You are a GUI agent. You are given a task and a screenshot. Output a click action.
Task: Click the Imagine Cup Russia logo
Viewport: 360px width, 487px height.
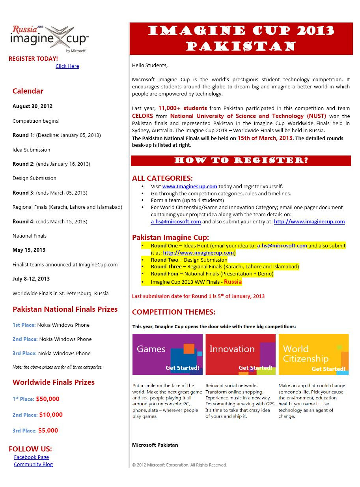[49, 38]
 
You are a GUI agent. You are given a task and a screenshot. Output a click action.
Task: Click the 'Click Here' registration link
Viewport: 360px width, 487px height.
[67, 66]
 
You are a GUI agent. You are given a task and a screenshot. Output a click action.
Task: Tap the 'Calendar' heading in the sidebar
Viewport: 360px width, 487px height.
[28, 91]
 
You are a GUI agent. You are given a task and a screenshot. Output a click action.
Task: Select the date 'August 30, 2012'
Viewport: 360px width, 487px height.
[32, 106]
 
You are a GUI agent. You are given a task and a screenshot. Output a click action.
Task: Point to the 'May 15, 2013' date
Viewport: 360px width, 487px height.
[29, 250]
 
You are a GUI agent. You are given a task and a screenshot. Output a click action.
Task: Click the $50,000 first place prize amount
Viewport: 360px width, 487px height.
[48, 399]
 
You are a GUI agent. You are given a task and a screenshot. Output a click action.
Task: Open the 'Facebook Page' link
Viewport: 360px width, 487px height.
[32, 457]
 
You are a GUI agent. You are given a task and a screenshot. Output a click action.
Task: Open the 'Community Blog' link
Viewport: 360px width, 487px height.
[33, 464]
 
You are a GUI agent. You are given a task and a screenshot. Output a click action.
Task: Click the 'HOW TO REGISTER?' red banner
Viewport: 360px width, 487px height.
[241, 161]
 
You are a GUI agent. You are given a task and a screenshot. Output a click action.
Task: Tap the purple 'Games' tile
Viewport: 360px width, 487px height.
[167, 354]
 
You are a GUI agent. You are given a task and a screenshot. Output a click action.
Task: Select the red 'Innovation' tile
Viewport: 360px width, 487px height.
[241, 354]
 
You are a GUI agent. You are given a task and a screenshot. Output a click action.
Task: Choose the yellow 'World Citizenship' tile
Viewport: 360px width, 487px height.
[313, 354]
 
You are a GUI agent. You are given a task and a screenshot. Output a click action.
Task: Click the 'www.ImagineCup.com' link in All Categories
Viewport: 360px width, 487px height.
[190, 186]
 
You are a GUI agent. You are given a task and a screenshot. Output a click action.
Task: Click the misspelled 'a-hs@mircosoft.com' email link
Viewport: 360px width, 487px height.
[176, 221]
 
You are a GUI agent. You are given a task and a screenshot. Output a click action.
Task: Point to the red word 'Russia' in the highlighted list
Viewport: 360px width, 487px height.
[233, 282]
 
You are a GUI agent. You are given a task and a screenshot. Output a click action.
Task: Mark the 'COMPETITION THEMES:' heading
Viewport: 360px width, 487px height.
[173, 312]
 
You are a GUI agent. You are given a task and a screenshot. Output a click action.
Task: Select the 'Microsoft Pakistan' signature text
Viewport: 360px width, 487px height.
[155, 445]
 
